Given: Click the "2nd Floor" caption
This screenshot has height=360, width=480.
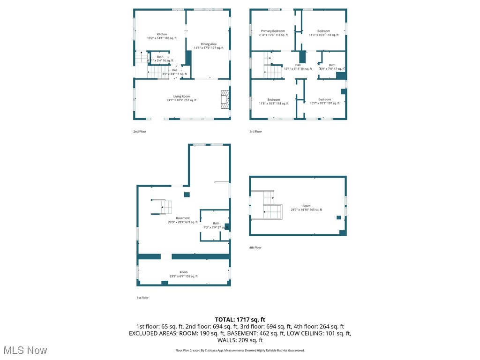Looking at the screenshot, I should click(x=140, y=132).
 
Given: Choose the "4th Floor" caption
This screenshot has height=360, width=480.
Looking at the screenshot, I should click(x=255, y=247).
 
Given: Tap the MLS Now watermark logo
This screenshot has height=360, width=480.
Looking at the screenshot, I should click(x=25, y=350).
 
